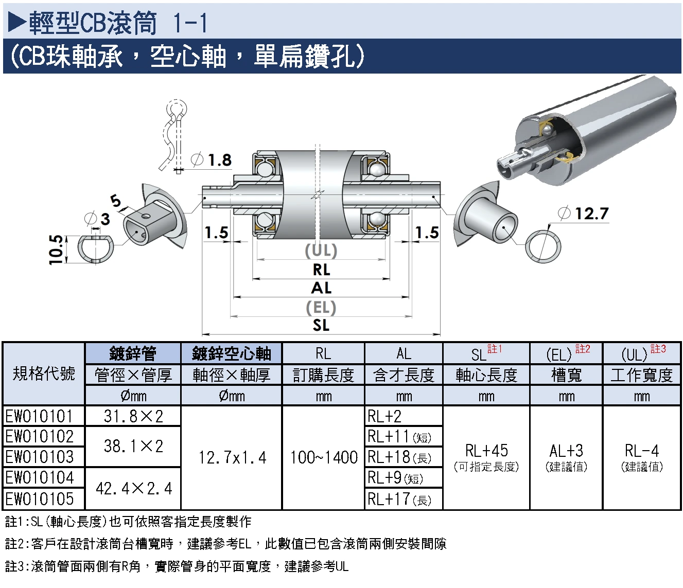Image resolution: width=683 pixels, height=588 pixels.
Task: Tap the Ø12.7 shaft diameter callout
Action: pos(583,213)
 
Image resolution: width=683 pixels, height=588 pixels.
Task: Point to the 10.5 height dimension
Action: pos(56,250)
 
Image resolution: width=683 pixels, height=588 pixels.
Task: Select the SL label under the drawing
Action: pos(321,325)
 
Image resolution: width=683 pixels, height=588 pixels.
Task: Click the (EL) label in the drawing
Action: pos(321,308)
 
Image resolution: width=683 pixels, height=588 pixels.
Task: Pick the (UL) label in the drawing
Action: pos(321,251)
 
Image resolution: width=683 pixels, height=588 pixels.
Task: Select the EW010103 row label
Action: pos(39,457)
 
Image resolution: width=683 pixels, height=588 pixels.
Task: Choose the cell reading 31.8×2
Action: pos(133,416)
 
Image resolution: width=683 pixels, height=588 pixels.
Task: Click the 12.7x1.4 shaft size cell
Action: pos(232,458)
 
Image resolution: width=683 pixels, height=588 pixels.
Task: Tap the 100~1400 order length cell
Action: pos(324,457)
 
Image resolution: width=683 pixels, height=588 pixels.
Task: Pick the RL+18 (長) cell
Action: pos(399,457)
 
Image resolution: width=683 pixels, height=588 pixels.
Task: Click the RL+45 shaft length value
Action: pos(486,451)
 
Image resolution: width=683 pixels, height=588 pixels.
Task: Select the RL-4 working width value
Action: pos(642,451)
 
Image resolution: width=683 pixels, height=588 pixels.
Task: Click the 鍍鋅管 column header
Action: pos(133,353)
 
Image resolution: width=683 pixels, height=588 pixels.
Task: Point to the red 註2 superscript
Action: pos(583,349)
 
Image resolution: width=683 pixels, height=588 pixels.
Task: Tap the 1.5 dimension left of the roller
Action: pos(217,233)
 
